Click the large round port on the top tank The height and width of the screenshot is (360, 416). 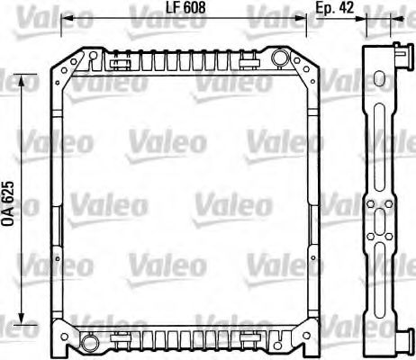[x=279, y=59]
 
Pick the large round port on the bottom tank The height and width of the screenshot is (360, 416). [x=92, y=343]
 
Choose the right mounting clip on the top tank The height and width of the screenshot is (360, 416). [x=250, y=61]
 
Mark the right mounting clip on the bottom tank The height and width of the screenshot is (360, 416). [x=250, y=340]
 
